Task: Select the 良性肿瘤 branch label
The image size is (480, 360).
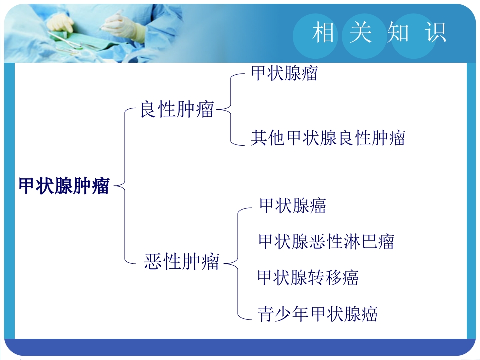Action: pos(176,109)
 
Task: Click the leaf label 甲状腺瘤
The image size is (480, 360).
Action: pos(284,74)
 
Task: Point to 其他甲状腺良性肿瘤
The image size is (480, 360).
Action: pos(328,137)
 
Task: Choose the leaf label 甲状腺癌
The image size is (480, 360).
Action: pos(293,205)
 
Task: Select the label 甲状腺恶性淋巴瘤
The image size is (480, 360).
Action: pos(326,242)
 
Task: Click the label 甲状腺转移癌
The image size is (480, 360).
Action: pos(308,277)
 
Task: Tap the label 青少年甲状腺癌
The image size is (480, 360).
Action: pos(317,313)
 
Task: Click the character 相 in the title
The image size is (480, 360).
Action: pos(323,33)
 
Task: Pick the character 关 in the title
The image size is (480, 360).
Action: pos(360,33)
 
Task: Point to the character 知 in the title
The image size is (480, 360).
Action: pos(398,33)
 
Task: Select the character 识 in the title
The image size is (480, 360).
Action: pos(435,33)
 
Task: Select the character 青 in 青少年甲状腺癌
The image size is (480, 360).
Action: pos(265,313)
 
